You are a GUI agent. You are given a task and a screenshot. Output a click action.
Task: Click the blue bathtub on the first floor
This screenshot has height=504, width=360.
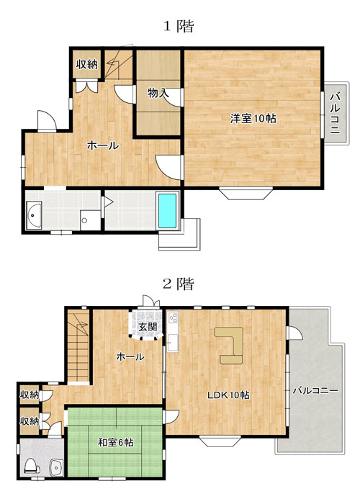[x=168, y=210]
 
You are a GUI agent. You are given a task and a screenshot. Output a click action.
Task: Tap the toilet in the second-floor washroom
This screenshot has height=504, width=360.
[x=32, y=466]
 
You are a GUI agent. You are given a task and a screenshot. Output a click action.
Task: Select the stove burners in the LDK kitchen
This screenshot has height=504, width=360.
[x=173, y=318]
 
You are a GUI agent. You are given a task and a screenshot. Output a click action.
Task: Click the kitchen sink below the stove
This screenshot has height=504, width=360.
[x=172, y=343]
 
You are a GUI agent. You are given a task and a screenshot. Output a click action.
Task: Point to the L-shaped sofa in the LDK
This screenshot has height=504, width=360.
[x=229, y=345]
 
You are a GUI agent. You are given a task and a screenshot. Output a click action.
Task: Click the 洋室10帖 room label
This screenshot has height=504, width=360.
[x=253, y=118]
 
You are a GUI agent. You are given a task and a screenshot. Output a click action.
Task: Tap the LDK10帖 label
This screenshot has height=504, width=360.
[x=228, y=395]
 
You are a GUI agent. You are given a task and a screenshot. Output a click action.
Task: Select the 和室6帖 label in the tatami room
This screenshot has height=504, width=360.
[x=116, y=443]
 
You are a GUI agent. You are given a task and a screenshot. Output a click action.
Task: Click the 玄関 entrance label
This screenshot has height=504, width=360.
[x=148, y=327]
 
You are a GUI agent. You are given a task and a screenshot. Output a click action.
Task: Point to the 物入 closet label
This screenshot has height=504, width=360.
[x=158, y=93]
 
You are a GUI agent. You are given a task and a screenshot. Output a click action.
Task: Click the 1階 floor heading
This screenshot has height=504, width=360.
[x=179, y=26]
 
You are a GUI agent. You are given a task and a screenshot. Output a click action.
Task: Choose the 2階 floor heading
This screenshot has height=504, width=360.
[x=179, y=284]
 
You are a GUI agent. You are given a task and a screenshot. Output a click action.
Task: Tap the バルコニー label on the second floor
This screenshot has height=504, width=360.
[x=315, y=390]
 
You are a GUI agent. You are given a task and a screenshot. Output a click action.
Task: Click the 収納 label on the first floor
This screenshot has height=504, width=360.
[x=87, y=64]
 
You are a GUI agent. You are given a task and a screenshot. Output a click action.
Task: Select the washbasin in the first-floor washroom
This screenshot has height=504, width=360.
[x=33, y=215]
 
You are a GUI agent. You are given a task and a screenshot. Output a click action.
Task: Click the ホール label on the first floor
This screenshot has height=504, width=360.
[x=103, y=145]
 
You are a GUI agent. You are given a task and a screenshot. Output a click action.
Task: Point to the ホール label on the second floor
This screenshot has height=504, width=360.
[x=130, y=356]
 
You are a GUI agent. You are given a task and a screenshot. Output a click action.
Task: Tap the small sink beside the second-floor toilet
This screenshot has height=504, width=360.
[x=57, y=467]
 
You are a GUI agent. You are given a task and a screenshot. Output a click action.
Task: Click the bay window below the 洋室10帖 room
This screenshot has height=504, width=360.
[x=246, y=193]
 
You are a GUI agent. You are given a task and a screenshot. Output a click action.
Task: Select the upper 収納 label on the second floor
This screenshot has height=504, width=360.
[x=30, y=395]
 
